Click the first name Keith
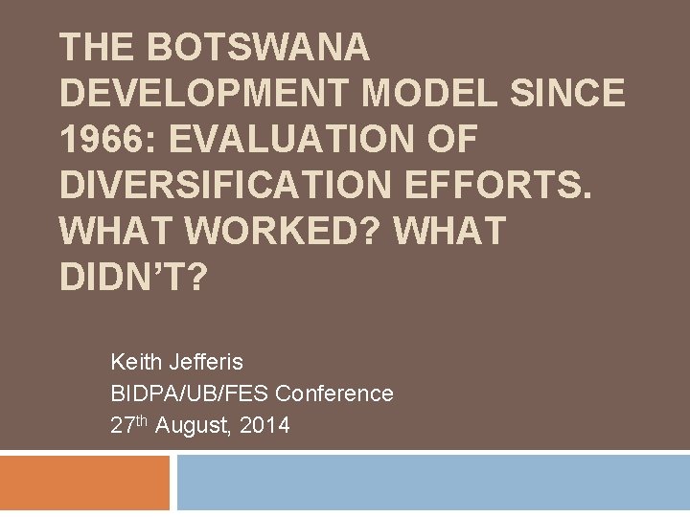click(137, 363)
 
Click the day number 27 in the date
click(122, 425)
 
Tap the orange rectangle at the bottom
click(84, 483)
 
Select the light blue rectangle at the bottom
click(433, 483)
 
